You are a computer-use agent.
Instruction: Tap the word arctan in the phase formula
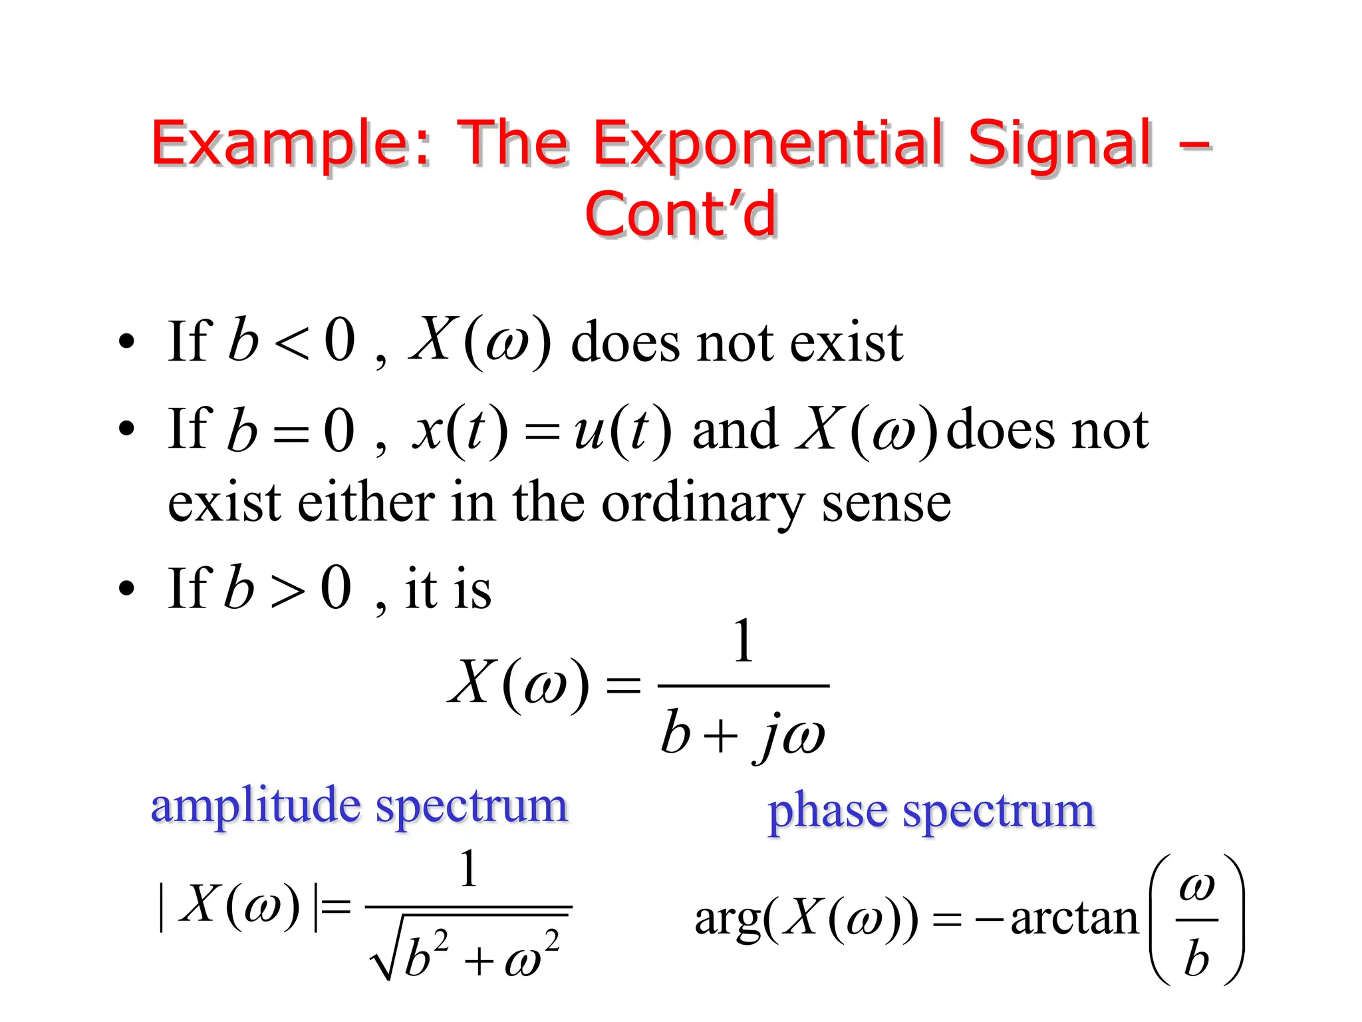pos(1073,918)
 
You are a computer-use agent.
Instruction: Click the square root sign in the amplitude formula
pos(384,958)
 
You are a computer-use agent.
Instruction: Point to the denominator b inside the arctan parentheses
pos(1196,958)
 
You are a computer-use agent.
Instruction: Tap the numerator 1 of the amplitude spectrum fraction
pos(469,869)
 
